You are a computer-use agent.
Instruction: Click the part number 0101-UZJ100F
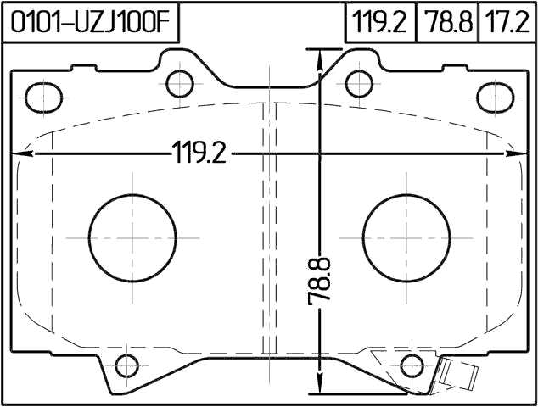[x=92, y=22]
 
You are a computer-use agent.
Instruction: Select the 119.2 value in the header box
[x=378, y=22]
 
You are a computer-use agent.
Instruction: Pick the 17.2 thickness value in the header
[x=506, y=22]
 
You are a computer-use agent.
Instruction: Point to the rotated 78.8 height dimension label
[x=320, y=285]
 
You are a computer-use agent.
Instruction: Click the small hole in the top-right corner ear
[x=493, y=96]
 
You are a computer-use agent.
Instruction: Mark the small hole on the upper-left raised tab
[x=180, y=82]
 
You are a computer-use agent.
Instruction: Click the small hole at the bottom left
[x=126, y=366]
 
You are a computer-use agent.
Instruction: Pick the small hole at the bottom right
[x=412, y=366]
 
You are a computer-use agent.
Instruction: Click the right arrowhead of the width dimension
[x=516, y=154]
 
